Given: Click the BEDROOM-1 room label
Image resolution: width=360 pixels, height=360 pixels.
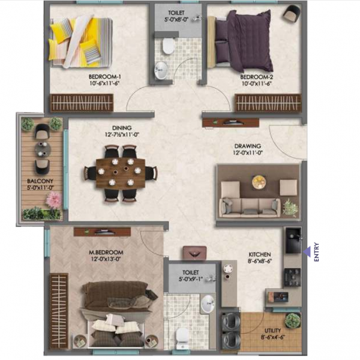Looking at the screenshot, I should (104, 77).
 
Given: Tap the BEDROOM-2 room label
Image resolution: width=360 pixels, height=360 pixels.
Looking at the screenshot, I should (257, 77).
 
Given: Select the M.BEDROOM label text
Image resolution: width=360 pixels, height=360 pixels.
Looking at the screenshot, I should (106, 251).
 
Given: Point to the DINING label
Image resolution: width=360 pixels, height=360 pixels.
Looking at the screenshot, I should (121, 128).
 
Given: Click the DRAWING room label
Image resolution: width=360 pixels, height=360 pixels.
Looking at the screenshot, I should (247, 145).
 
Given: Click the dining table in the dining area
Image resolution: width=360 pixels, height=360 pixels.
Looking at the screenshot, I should (121, 173).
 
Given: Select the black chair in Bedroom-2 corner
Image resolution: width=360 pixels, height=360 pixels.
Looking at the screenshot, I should (292, 13).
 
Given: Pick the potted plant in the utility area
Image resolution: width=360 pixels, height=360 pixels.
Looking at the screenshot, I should (292, 320).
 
